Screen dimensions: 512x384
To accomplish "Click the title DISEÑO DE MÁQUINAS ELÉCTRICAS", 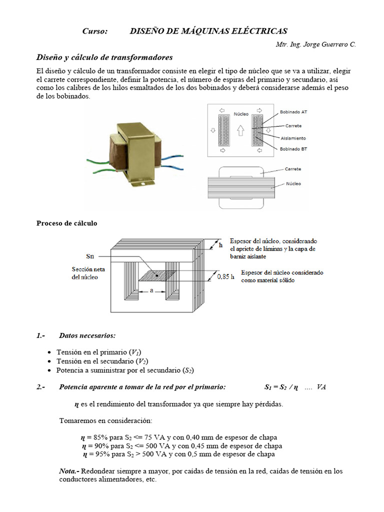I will click(x=208, y=31).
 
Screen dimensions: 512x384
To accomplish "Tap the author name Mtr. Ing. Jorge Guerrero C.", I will click(x=315, y=44).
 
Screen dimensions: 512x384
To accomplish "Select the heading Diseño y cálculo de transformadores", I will click(x=104, y=57).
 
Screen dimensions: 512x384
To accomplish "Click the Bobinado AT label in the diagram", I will click(x=293, y=112).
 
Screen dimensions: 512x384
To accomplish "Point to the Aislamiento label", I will click(x=292, y=138).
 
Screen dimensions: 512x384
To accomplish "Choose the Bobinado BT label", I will click(x=293, y=149).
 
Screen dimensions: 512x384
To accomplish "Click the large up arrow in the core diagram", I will click(x=240, y=131).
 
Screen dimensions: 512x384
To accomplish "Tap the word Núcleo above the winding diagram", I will click(x=241, y=114).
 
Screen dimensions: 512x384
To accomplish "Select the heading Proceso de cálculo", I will click(x=67, y=223).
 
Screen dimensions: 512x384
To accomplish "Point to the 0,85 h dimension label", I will click(x=225, y=276).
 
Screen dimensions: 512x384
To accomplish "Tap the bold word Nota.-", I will click(x=69, y=471).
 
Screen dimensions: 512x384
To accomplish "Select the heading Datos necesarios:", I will click(x=87, y=335).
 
